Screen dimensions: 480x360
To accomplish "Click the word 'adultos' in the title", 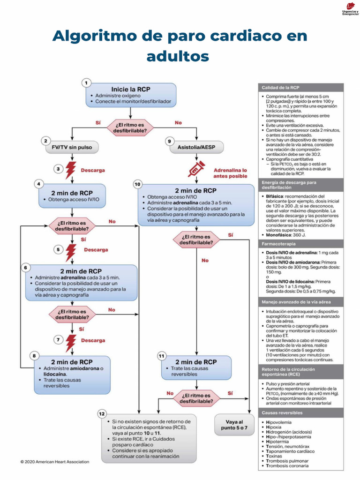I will click(x=178, y=56).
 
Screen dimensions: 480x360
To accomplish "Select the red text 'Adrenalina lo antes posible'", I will click(x=230, y=173).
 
